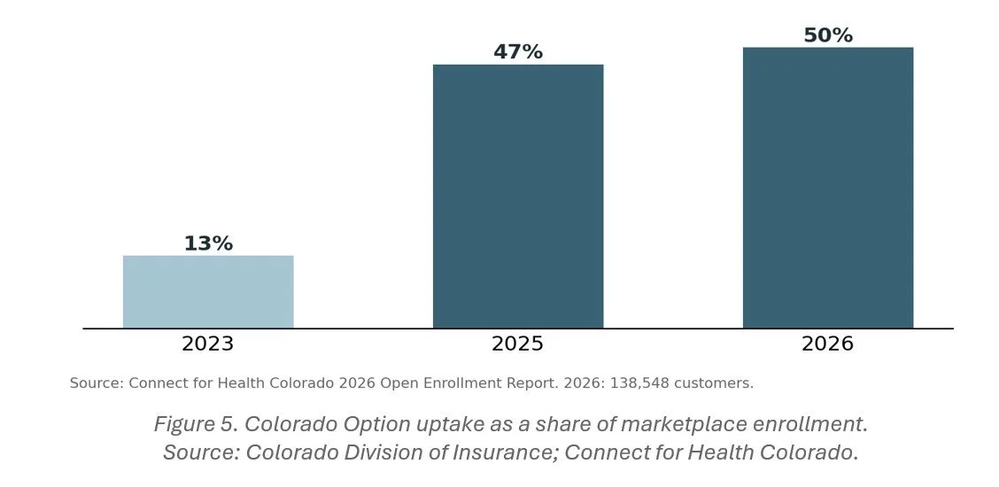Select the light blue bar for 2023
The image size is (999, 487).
pos(208,291)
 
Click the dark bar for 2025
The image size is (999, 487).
pos(518,196)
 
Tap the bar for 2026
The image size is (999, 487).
pos(828,188)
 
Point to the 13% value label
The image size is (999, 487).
pos(208,243)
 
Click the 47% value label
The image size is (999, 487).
pos(518,52)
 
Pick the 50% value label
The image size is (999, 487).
pos(828,35)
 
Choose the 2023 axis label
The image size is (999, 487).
pos(208,344)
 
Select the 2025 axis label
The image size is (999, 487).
pos(517,344)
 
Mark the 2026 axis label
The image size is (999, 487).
pos(827,344)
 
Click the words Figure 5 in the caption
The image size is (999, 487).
pos(197,424)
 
